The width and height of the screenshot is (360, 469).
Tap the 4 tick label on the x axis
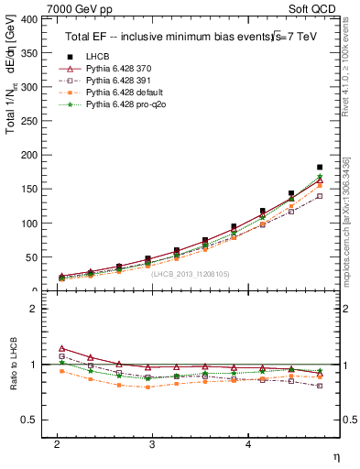click(x=248, y=443)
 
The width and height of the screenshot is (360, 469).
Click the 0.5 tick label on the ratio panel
click(x=27, y=420)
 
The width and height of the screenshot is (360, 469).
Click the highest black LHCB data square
click(x=320, y=168)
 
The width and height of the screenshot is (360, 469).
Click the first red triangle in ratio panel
click(x=61, y=348)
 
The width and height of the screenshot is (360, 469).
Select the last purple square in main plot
click(x=320, y=196)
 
